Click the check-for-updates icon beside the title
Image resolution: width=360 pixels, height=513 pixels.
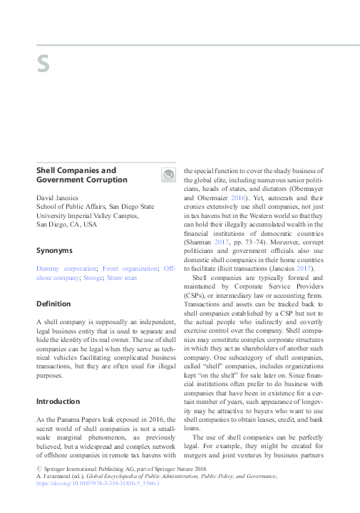point(168,175)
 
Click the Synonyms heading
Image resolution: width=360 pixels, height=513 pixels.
point(54,250)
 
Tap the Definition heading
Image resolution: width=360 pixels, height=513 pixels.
point(53,304)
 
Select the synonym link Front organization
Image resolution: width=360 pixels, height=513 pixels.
point(130,269)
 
